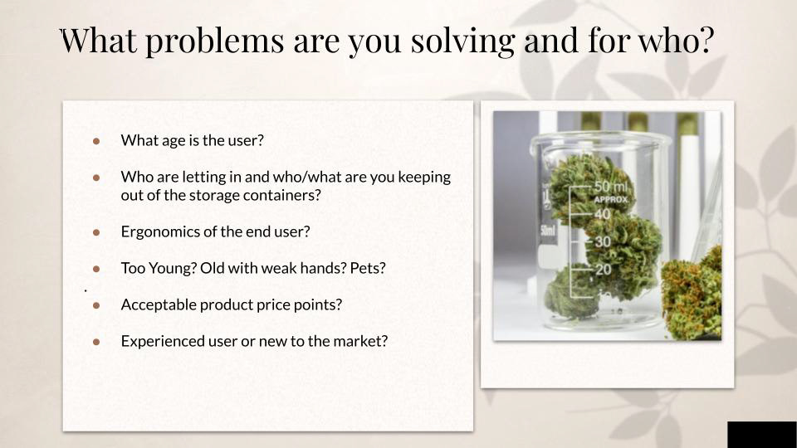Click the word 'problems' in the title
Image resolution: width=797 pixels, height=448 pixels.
(x=214, y=41)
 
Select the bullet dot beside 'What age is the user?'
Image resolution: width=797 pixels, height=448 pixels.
(x=96, y=141)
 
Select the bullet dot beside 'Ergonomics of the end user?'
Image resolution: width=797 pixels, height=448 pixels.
(x=96, y=232)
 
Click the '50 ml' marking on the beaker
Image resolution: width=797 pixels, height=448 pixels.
(x=612, y=187)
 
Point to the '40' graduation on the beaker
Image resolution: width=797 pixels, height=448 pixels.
(x=603, y=214)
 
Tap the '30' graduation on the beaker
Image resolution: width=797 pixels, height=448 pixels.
(x=603, y=241)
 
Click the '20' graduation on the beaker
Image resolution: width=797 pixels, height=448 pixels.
(x=604, y=269)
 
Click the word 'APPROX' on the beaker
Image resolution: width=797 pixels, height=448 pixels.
(x=612, y=200)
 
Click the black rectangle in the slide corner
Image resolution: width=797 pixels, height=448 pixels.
(x=762, y=434)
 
